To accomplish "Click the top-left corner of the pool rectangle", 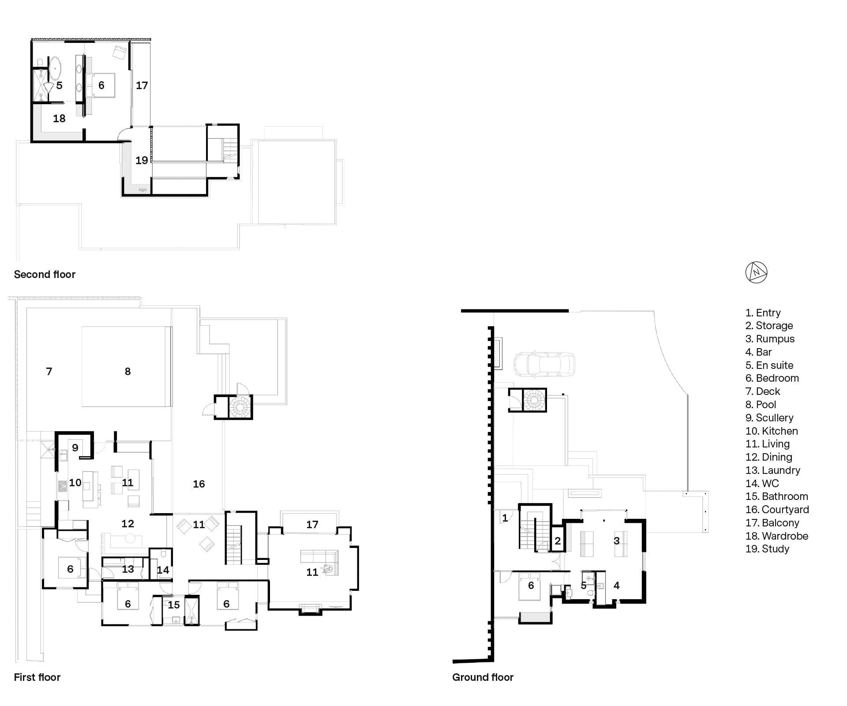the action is click(x=82, y=327).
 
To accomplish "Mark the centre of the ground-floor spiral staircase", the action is click(x=534, y=400).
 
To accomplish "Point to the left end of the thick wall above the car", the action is click(x=462, y=311).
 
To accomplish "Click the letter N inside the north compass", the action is click(x=756, y=273).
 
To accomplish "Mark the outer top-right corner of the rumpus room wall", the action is click(x=645, y=520).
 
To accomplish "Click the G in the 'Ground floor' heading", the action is click(x=456, y=677).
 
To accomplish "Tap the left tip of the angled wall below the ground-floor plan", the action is click(x=453, y=661).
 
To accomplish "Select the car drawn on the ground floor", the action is click(x=544, y=364).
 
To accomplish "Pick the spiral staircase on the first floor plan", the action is click(x=240, y=406).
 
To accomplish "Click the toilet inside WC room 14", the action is click(x=164, y=554).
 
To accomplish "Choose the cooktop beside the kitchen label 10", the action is click(x=62, y=486).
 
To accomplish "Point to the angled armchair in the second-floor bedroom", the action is click(x=120, y=53).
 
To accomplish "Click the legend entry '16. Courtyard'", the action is click(x=777, y=510).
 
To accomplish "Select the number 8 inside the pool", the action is click(x=127, y=372).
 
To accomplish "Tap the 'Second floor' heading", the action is click(x=45, y=274).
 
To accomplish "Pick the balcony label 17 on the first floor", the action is click(x=312, y=525).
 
